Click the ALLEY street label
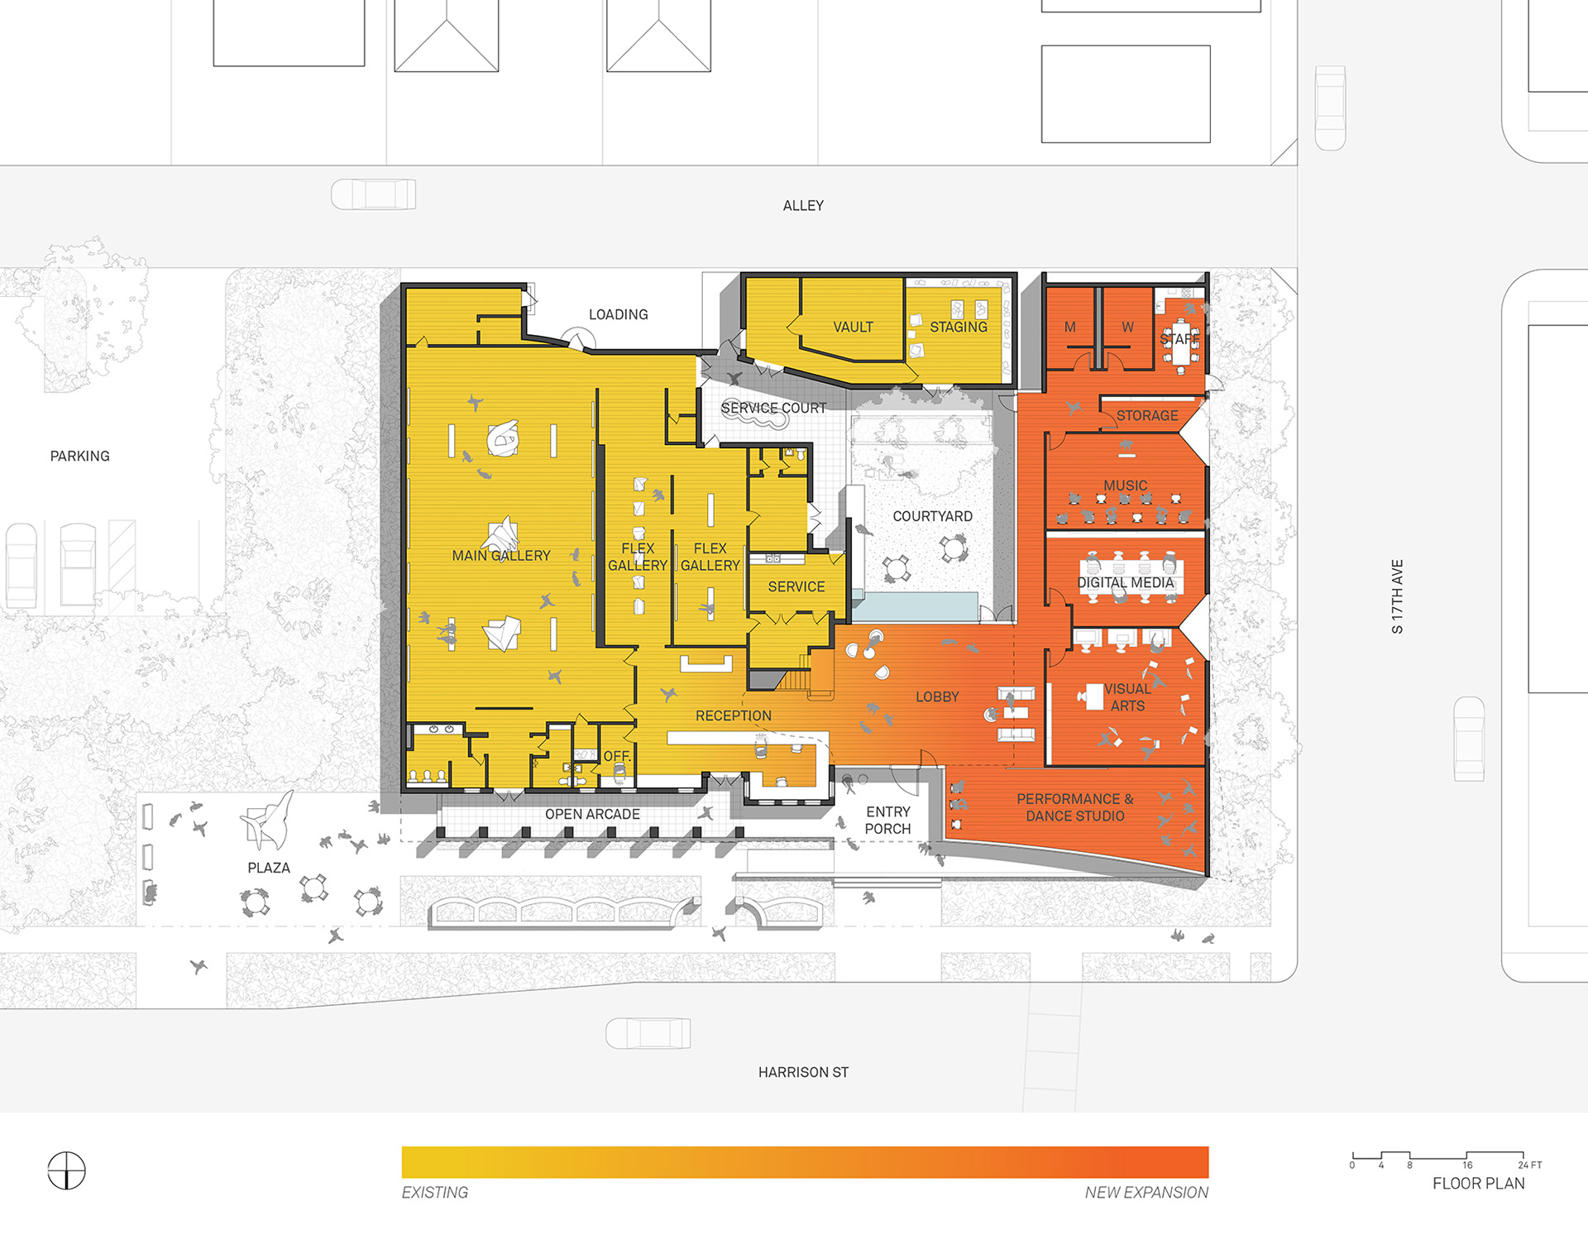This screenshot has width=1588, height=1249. (803, 206)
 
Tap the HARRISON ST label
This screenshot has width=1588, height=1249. (803, 1073)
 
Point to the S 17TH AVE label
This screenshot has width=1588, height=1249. (1397, 596)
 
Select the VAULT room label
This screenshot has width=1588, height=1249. (853, 328)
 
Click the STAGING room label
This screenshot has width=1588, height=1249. (959, 328)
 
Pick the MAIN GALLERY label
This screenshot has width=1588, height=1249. (501, 556)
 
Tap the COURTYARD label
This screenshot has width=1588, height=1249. (932, 516)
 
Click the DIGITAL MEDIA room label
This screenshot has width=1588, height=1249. (1126, 583)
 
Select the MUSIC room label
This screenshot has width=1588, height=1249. (1125, 486)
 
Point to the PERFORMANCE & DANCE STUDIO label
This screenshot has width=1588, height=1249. (1075, 807)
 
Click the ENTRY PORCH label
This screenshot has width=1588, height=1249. (888, 821)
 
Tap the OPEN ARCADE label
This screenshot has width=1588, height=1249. (592, 815)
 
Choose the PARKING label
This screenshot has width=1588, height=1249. (79, 457)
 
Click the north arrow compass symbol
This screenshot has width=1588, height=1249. (66, 1170)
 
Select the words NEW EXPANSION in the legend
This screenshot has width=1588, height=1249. (1146, 1193)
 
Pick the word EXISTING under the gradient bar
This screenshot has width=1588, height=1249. (435, 1193)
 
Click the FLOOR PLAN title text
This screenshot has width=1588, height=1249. (1479, 1184)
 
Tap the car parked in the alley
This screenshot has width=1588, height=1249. (373, 194)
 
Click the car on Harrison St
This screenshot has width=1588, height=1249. (648, 1033)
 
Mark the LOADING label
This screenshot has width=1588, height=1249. (618, 315)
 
